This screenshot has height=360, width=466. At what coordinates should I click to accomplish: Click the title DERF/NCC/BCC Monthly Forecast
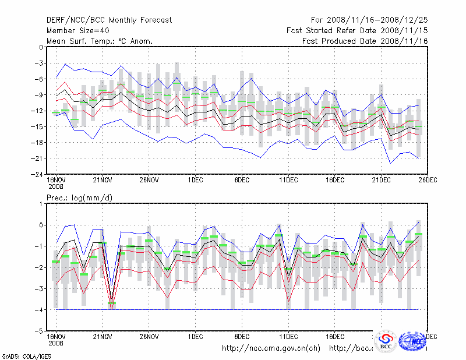pos(109,20)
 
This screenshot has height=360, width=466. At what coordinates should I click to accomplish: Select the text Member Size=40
pos(76,31)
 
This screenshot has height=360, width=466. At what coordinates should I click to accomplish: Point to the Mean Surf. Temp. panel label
pos(100,41)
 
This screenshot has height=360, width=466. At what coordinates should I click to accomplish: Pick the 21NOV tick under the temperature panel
pos(103,180)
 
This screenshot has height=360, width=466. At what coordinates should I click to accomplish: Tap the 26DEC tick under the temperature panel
pos(428,180)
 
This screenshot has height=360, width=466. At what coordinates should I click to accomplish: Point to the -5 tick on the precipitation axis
pos(40,331)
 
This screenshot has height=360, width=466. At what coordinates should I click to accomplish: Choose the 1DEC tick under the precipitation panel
pos(196,337)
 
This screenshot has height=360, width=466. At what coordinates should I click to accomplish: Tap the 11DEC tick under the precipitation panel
pos(288,337)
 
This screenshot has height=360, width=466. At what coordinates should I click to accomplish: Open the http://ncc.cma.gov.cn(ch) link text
pos(271,348)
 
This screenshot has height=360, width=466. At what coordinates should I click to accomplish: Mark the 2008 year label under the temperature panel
pos(56,186)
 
